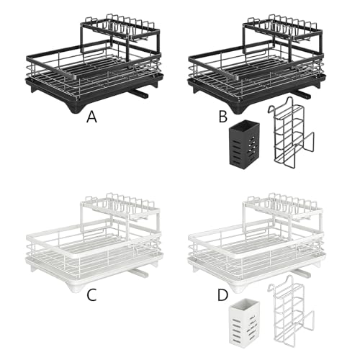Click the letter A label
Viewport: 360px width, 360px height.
coord(91,117)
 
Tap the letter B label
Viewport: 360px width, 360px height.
coord(223,117)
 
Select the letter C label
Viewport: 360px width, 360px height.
coord(91,295)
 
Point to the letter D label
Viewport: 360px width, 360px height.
coord(222,295)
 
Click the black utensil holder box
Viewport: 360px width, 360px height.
coord(244,143)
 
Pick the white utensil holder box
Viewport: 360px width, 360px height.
coord(244,322)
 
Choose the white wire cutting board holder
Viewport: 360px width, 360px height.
coord(290,311)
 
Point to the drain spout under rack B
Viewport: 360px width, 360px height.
coord(302,94)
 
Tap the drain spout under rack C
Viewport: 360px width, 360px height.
coord(138,272)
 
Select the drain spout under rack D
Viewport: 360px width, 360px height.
coord(301,273)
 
